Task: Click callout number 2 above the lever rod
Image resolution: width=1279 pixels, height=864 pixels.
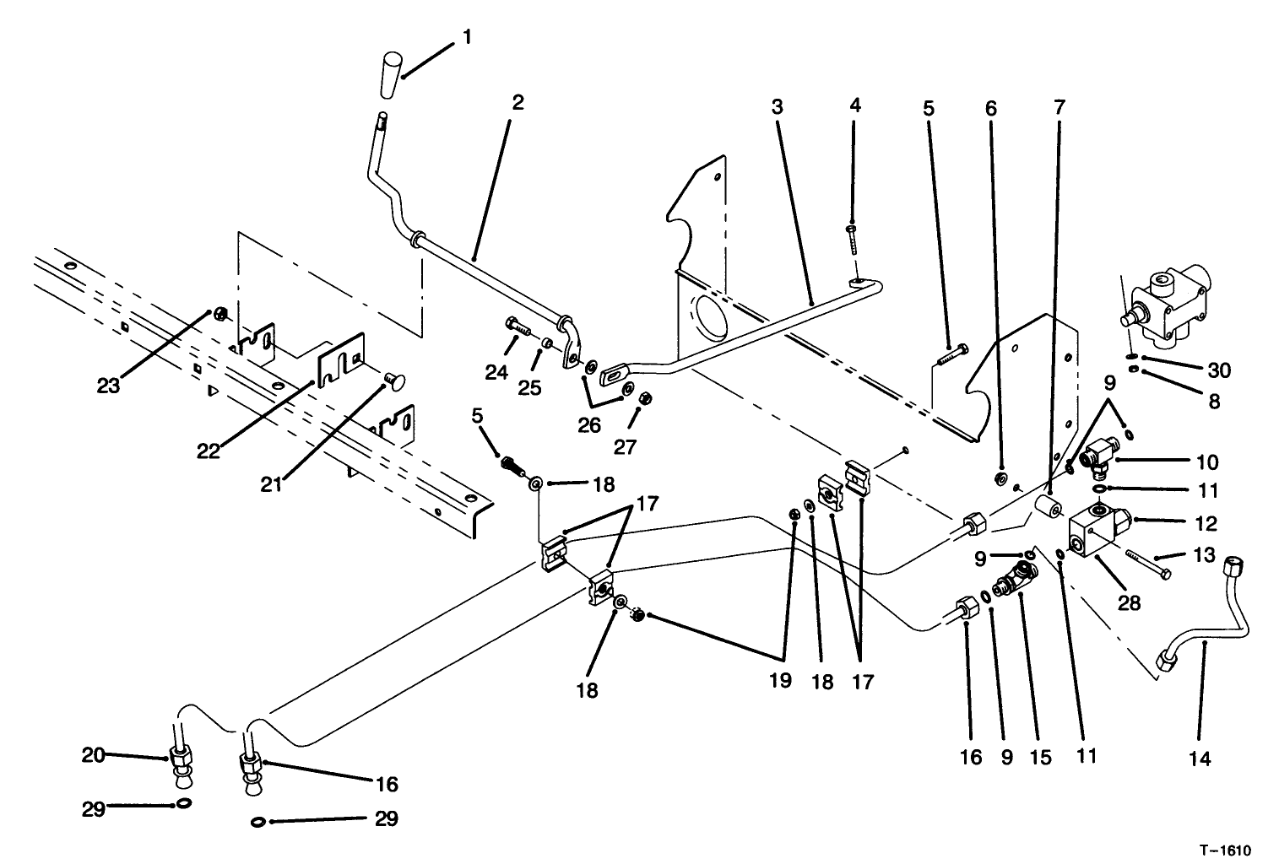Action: tap(518, 103)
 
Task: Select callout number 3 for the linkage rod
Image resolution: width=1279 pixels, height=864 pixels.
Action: tap(777, 107)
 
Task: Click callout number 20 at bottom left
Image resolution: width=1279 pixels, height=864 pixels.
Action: tap(93, 755)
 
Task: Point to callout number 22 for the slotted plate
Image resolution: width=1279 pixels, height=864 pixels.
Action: tap(209, 451)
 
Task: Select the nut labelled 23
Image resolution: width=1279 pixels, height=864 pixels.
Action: tap(217, 315)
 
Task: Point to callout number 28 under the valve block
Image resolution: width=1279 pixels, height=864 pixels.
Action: tap(1130, 602)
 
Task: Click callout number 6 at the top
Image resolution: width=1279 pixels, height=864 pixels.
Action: tap(990, 107)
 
